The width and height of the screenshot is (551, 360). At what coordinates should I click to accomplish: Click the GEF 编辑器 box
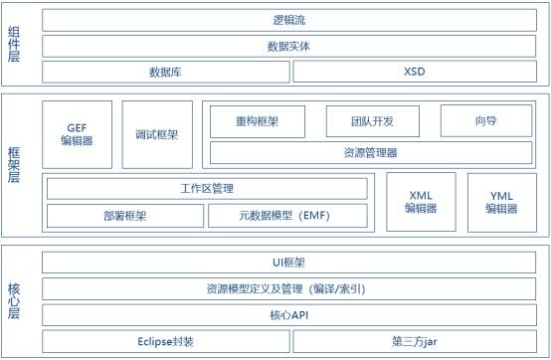click(79, 134)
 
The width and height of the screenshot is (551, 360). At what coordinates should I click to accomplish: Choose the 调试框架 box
click(157, 134)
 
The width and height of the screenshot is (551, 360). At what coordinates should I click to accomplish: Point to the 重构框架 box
click(259, 121)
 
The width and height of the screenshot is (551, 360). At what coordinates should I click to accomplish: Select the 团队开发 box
click(373, 121)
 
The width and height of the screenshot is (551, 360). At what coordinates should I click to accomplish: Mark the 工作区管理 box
click(207, 188)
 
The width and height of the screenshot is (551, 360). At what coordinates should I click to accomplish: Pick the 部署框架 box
click(124, 215)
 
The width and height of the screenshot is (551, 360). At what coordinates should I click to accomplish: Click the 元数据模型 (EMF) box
click(287, 215)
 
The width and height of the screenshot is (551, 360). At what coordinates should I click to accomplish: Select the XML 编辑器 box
click(420, 202)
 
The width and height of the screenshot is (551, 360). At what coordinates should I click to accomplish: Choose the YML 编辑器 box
click(501, 202)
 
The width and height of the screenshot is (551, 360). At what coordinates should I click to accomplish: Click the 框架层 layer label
click(14, 164)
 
